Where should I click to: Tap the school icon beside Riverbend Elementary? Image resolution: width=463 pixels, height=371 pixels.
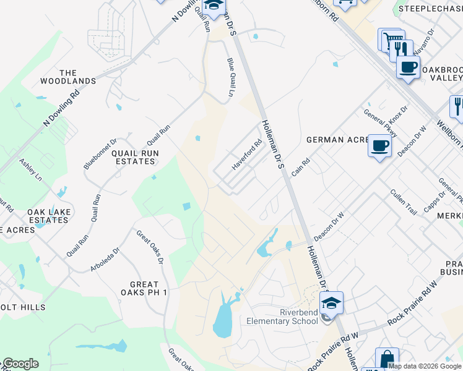[331, 303]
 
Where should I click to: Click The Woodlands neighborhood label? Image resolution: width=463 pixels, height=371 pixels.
[68, 77]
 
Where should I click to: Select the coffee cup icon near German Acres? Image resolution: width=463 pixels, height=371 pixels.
[379, 147]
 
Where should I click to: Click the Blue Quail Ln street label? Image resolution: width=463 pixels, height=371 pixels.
[231, 77]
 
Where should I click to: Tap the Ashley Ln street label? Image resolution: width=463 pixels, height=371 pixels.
[30, 169]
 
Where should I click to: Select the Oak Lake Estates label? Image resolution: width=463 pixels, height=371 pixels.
[48, 216]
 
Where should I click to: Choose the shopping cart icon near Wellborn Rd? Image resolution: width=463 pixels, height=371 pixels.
[390, 40]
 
